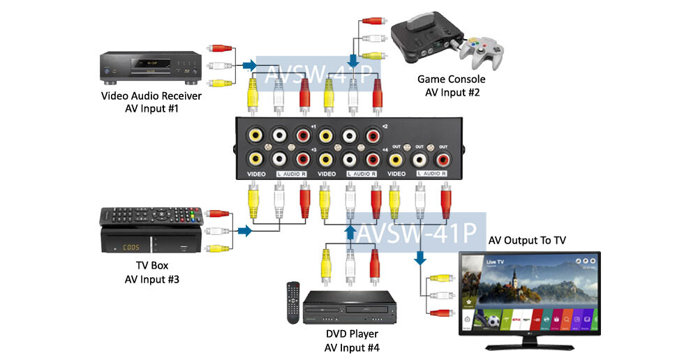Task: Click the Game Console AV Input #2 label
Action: [x=451, y=86]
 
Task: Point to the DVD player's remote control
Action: [x=293, y=302]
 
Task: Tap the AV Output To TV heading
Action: [x=527, y=240]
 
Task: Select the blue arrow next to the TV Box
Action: [x=244, y=231]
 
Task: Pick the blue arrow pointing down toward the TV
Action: [x=419, y=257]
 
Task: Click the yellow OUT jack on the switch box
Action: [x=396, y=158]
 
